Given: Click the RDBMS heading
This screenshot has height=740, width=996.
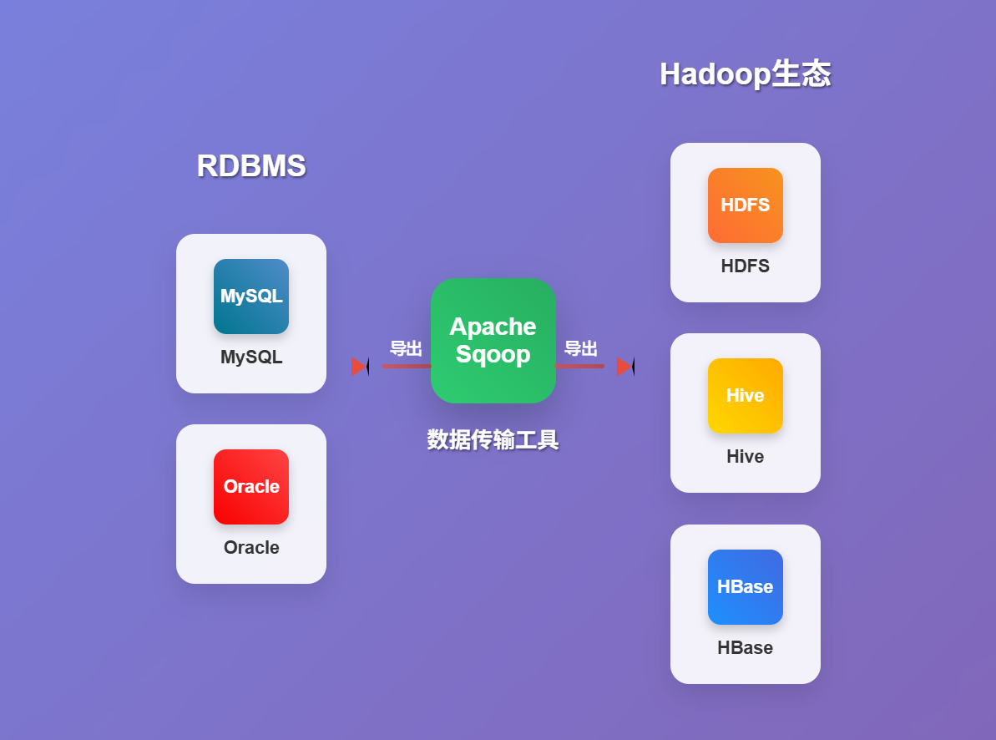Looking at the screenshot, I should click(x=251, y=165).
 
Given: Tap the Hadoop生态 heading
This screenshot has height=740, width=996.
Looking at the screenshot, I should click(x=745, y=73).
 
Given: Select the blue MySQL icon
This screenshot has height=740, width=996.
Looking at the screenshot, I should click(x=251, y=297).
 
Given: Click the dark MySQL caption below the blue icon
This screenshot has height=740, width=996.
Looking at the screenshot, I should click(x=251, y=357).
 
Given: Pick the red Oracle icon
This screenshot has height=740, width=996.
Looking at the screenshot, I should click(x=251, y=487).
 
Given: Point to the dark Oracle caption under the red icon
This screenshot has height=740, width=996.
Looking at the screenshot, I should click(x=251, y=548).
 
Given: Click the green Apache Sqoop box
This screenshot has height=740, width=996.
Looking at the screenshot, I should click(x=493, y=341).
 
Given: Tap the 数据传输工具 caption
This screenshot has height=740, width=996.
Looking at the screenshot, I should click(x=493, y=439).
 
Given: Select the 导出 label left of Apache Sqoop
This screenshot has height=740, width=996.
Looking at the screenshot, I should click(x=406, y=348).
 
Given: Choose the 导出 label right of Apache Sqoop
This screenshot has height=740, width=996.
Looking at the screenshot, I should click(x=580, y=348).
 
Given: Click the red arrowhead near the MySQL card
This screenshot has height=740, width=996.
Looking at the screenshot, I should click(x=360, y=367).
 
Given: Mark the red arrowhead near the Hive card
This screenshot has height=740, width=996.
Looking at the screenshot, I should click(x=625, y=367).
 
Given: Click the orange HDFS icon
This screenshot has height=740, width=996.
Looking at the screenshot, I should click(x=745, y=205).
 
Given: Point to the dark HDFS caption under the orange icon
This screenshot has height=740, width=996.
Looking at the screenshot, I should click(x=745, y=266).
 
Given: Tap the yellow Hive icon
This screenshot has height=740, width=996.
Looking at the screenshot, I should click(x=745, y=396).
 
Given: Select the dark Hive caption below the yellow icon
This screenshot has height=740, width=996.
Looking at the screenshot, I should click(x=745, y=457).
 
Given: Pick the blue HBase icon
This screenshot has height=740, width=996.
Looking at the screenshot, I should click(x=745, y=587).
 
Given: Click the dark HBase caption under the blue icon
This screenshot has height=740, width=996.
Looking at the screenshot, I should click(x=745, y=648).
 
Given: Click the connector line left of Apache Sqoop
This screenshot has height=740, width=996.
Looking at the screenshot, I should click(x=407, y=366).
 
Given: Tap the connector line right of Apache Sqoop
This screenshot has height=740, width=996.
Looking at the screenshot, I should click(x=579, y=366).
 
